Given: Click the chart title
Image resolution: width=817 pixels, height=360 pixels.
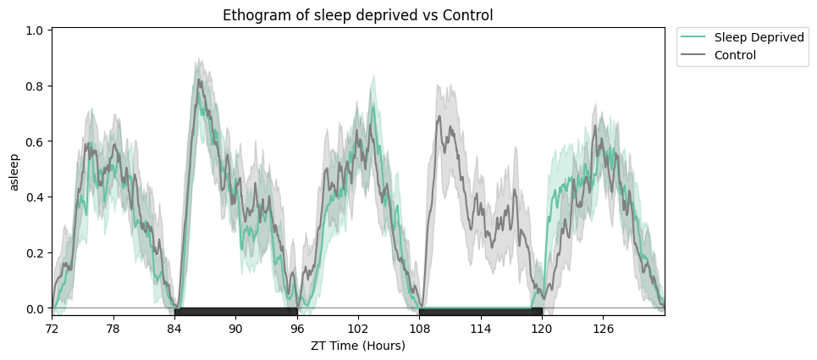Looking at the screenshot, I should point(357,15).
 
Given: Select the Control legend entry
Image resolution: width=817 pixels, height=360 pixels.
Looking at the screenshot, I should point(735,55).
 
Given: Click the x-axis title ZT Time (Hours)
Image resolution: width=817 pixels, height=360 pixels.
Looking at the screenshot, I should point(357,346).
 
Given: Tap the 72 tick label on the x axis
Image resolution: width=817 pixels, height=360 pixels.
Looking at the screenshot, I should point(52,328).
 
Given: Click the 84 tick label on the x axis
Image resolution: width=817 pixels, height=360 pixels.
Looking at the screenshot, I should point(174,328).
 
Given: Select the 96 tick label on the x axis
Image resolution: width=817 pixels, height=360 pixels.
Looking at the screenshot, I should point(296,328).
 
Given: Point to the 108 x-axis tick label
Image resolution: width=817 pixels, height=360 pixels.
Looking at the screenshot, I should point(419,328).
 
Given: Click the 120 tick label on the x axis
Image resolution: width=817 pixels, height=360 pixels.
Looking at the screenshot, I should point(542,328).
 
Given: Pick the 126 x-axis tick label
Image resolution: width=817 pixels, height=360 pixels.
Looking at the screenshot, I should point(603,328).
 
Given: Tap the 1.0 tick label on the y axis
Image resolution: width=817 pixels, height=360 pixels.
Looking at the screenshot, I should point(35,30).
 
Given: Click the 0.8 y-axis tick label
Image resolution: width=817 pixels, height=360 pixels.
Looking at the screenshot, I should point(35,86).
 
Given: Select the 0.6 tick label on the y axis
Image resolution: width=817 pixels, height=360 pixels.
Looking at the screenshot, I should point(35,141).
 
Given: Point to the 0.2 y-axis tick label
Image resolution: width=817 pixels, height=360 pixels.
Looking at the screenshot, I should point(35,253).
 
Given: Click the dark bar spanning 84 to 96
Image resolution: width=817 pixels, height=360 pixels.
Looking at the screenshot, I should point(235,312).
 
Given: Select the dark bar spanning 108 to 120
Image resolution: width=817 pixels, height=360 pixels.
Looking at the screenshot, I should point(480,312).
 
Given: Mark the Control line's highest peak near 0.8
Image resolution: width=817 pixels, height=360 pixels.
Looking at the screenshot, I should point(198,80).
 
